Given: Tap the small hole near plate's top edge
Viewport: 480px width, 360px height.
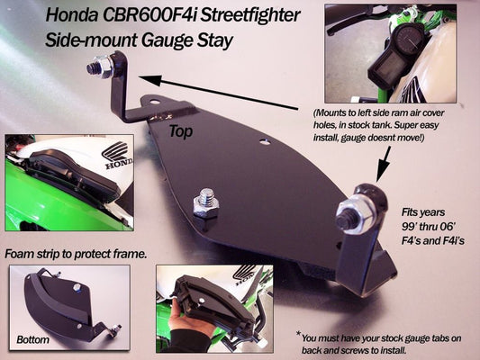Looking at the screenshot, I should [264, 141].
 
